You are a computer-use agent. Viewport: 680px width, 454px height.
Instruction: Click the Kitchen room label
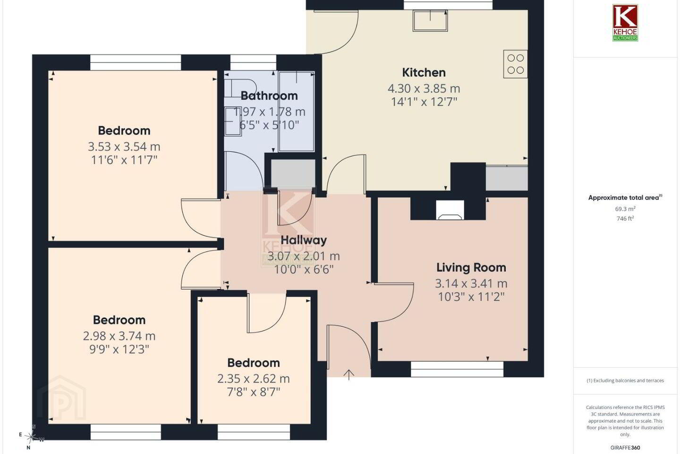pos(424,73)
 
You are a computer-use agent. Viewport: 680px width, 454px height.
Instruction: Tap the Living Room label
pos(471,268)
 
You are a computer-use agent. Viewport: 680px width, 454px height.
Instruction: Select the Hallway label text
pos(304,240)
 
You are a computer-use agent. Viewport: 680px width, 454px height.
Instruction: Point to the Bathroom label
pos(269,96)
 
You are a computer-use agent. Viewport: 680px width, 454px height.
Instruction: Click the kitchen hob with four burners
pos(515,64)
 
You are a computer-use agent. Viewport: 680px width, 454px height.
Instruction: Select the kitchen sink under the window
pos(430,20)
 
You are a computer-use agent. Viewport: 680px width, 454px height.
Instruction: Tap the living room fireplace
pos(450,210)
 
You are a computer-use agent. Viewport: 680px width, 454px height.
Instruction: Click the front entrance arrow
pos(349,375)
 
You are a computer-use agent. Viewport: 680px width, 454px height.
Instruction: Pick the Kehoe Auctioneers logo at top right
pos(625,23)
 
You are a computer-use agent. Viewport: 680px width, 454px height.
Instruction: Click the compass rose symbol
pos(32,437)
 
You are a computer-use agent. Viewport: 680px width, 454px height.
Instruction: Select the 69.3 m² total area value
pos(625,209)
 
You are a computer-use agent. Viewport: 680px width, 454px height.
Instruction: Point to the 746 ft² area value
pos(625,218)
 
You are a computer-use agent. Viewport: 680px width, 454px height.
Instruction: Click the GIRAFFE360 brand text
pos(625,447)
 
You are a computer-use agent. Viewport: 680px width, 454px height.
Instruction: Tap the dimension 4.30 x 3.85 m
pos(424,88)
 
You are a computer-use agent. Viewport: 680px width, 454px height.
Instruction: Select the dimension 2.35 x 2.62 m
pos(254,379)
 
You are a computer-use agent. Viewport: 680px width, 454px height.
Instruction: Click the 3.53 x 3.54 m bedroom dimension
pos(124,147)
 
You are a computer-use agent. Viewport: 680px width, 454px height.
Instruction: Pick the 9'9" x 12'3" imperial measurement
pos(119,349)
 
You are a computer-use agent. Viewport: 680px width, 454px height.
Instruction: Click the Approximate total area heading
pos(625,198)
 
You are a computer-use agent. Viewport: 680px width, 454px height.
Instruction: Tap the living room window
pos(457,369)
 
